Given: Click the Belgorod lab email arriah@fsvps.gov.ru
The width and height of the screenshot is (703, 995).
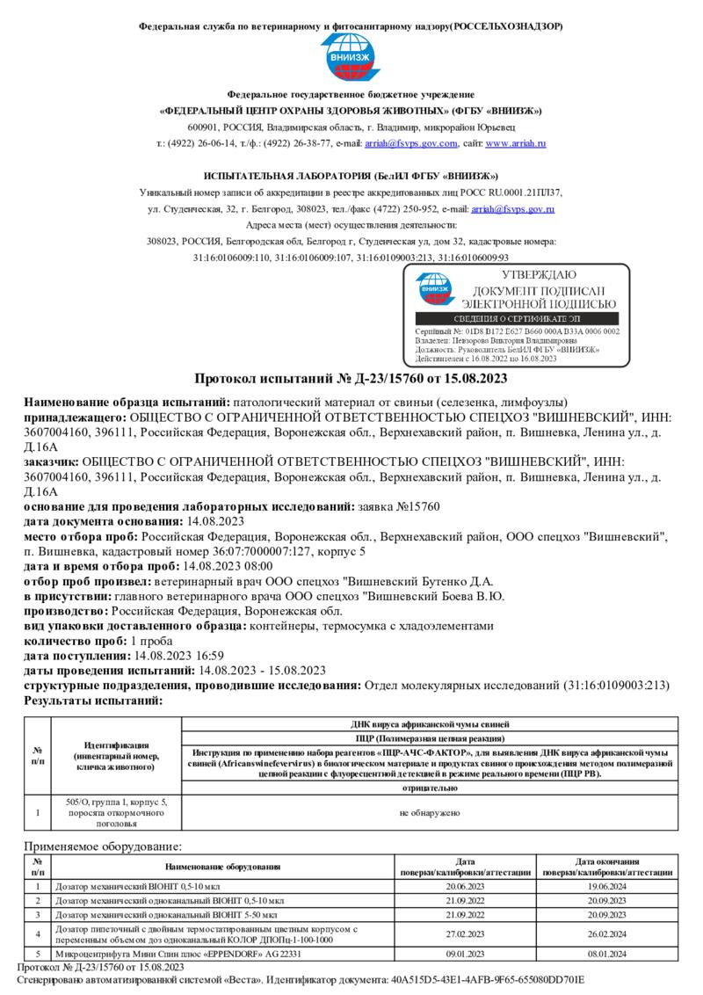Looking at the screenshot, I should tap(512, 209).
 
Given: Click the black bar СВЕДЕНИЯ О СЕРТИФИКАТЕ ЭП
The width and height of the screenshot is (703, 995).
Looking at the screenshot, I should tap(516, 318).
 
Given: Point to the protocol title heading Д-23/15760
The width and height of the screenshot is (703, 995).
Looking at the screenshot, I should tap(351, 379).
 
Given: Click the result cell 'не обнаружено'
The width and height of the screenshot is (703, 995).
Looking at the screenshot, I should tap(430, 812).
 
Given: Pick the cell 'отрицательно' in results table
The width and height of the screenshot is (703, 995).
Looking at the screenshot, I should tap(430, 788).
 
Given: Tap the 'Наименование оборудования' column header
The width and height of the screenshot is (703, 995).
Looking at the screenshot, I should tap(230, 867).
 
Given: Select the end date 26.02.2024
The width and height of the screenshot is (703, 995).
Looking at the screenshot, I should tap(607, 933).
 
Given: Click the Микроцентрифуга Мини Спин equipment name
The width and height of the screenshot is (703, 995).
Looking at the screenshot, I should tap(178, 954).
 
